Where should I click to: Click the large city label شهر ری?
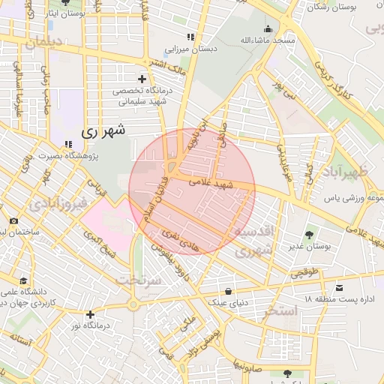[103, 131]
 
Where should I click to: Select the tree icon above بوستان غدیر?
[309, 229]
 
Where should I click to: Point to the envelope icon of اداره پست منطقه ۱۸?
[340, 288]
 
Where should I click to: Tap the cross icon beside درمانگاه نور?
[91, 314]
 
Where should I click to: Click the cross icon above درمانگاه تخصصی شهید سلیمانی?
[142, 79]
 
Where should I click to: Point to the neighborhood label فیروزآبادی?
[61, 203]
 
